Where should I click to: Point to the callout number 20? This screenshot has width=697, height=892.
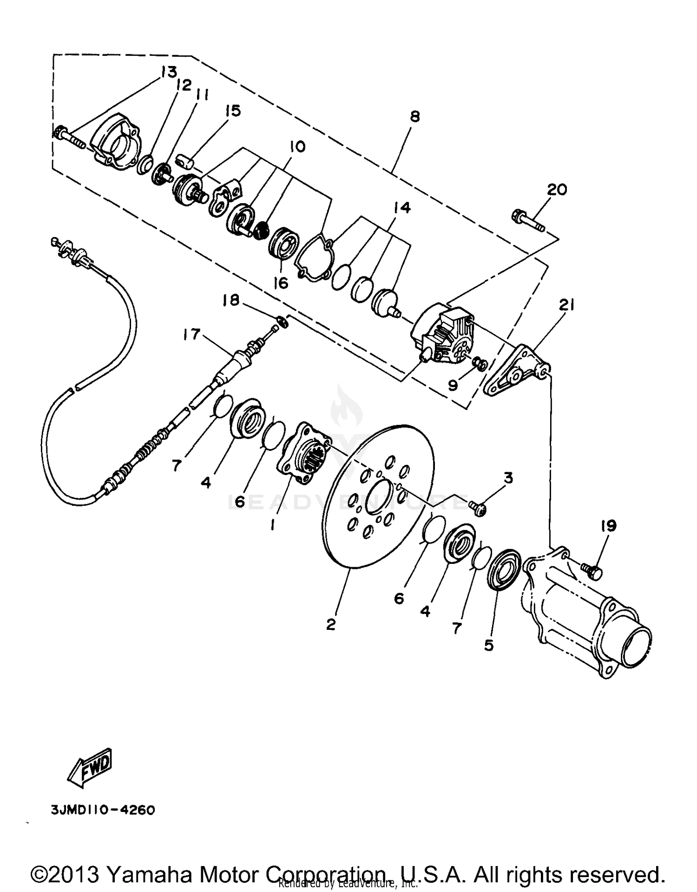557,190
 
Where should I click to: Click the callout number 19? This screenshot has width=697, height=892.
608,526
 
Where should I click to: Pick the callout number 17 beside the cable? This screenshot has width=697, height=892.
191,334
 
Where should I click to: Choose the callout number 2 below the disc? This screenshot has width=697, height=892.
330,624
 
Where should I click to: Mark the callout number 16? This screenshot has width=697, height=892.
281,283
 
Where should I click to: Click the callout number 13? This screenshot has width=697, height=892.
170,72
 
